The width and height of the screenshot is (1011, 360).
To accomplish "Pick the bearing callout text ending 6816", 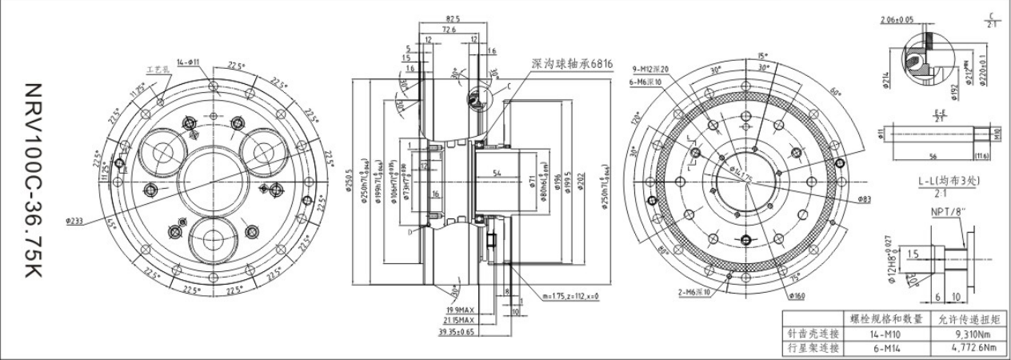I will point(573,63).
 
